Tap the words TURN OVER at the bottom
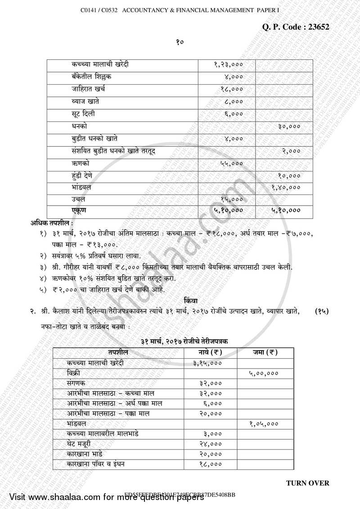(307, 483)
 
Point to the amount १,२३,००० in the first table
(229, 65)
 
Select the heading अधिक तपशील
(52, 223)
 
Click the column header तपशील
(118, 352)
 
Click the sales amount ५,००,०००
(263, 373)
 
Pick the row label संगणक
(76, 383)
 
